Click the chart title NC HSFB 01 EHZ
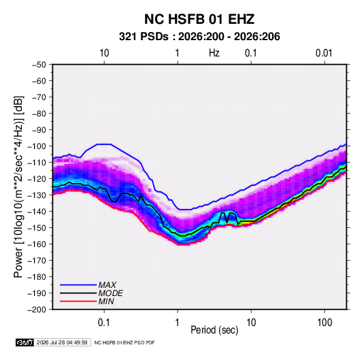coord(199,19)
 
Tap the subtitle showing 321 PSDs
coord(199,37)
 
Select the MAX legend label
coord(107,284)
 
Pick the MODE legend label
coord(110,293)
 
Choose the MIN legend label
coord(106,301)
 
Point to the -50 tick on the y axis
coord(39,65)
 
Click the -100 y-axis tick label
coord(37,146)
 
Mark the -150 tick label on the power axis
coord(37,228)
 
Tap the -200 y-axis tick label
coord(37,310)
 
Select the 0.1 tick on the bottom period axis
coord(104,323)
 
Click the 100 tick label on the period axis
coord(325,323)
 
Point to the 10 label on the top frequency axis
coord(104,53)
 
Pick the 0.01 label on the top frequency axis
coord(324,53)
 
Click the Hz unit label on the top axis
coord(214,53)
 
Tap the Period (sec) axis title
coord(214,330)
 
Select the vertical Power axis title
coord(18,187)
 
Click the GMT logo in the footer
coord(25,342)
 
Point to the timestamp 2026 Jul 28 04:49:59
coord(62,342)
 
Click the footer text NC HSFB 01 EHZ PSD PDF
coord(125,342)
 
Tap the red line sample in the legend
coord(78,301)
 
